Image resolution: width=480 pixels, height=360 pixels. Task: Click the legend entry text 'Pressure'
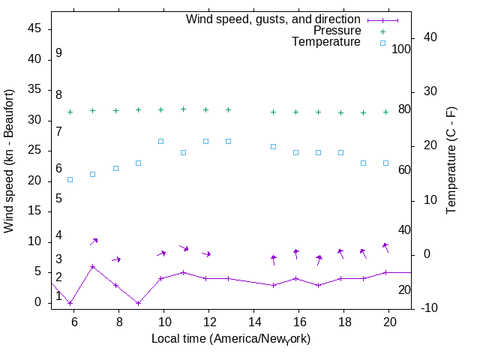tap(337, 31)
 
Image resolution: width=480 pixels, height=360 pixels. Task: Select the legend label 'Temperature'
tap(326, 43)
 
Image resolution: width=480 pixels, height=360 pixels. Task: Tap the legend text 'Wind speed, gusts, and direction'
tap(273, 19)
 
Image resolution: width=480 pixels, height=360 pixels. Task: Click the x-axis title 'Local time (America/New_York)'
tap(231, 339)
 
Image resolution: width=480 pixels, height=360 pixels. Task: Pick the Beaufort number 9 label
tap(58, 54)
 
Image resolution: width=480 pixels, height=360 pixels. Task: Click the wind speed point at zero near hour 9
tap(138, 303)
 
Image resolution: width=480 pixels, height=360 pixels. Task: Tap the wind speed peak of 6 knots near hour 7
tap(93, 266)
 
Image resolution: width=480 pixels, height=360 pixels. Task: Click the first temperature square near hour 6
tap(70, 179)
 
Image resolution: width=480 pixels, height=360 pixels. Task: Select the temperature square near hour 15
tap(273, 146)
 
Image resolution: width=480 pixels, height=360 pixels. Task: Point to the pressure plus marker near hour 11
tap(183, 109)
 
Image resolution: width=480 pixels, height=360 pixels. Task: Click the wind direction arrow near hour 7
tap(94, 241)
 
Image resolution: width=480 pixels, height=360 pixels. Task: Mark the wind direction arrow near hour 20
tap(385, 247)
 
